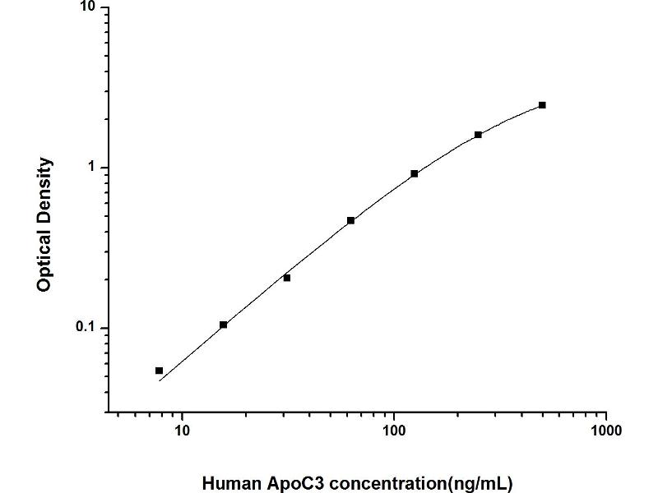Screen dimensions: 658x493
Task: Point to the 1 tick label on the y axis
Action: coord(92,168)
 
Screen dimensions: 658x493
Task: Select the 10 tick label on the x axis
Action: coord(182,430)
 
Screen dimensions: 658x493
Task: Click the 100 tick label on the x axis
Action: coord(394,430)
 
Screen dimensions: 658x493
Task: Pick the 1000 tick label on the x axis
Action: coord(605,430)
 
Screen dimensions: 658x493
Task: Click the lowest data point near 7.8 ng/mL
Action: coord(159,371)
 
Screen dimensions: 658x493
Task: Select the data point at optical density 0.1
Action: coord(223,325)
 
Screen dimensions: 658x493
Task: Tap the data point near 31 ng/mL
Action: coord(287,278)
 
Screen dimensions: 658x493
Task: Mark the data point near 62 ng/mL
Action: coord(351,220)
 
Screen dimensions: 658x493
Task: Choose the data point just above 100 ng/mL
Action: coord(415,173)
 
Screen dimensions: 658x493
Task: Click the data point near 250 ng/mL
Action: coord(478,135)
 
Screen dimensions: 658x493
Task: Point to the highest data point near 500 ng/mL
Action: coord(542,105)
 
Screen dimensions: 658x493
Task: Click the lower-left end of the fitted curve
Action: coord(159,381)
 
